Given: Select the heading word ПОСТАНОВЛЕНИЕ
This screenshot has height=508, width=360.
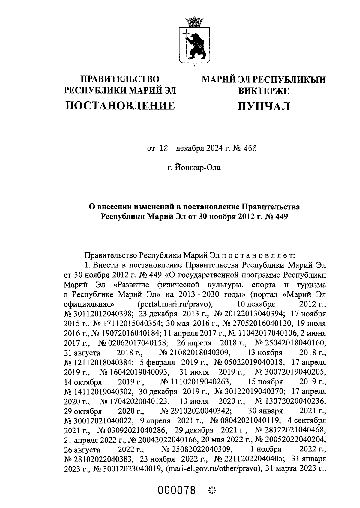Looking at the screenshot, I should (120, 106).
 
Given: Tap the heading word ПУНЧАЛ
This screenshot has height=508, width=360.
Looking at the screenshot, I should (264, 106).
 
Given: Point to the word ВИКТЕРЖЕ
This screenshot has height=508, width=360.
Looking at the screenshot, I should (264, 90).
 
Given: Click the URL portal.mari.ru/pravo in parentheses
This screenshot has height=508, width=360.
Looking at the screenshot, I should (175, 304).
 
